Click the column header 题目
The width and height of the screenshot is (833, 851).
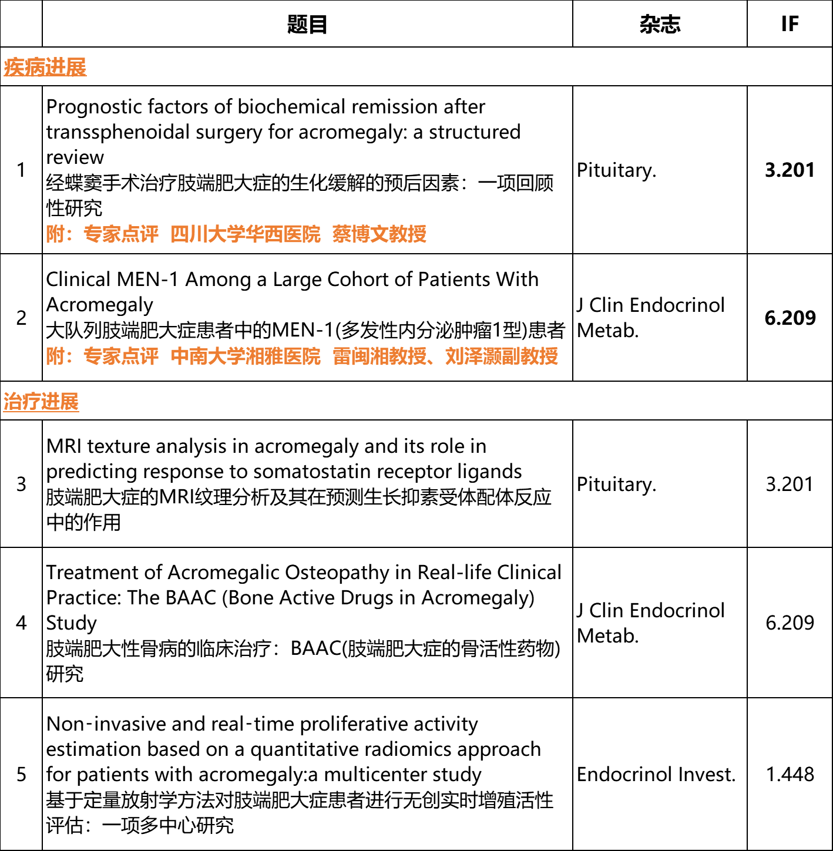coord(307,24)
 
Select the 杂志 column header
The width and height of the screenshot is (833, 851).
coord(659,24)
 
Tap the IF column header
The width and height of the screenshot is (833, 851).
coord(790,24)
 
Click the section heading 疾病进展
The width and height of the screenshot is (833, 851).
coord(45,67)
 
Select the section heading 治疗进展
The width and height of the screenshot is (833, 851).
coord(41,402)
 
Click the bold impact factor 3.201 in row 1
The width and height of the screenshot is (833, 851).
coord(790,170)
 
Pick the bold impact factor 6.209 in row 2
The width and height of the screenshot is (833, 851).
coord(790,318)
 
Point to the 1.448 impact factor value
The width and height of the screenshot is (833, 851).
coord(790,774)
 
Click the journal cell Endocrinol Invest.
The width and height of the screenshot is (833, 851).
coord(656,774)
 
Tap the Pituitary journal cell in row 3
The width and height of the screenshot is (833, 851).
coord(616,484)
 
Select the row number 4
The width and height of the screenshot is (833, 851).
coord(22,623)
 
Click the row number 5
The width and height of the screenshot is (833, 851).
coord(22,774)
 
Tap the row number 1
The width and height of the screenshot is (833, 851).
coord(22,170)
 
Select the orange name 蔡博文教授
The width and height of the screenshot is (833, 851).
coord(379,234)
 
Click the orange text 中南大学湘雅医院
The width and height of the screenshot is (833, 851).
coord(246,356)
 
